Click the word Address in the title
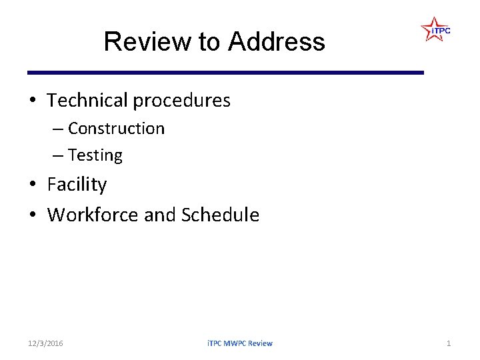pos(276,41)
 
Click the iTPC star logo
pos(435,30)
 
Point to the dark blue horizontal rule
pos(225,72)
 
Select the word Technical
pos(87,101)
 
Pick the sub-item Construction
pos(116,128)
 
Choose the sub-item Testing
pos(95,155)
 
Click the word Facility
pos(77,185)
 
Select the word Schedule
pos(220,215)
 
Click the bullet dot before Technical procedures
pos(33,101)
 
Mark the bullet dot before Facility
pos(33,185)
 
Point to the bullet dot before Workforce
pos(33,215)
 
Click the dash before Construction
pos(58,129)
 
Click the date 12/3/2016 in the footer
pos(45,343)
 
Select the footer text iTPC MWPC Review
pos(240,343)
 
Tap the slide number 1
pos(449,343)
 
